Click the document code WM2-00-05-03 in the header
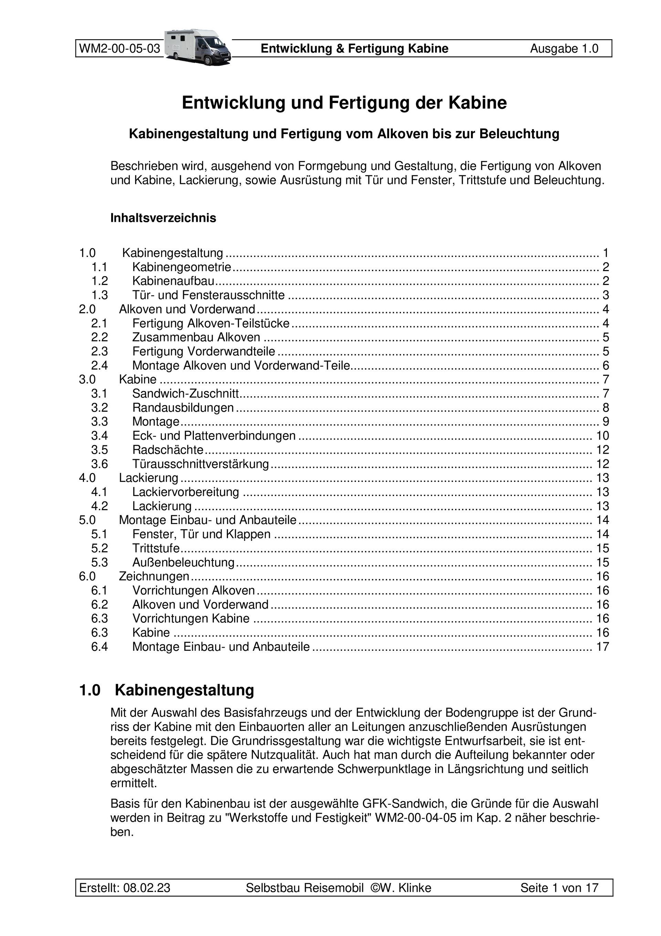119,49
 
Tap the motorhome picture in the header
198,47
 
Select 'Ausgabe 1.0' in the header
564,49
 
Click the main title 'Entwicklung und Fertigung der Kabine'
344,103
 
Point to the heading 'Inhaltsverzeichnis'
163,218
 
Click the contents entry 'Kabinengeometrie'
182,267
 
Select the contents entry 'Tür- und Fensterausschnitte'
208,295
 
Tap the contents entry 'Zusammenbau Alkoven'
196,337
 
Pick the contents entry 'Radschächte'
168,450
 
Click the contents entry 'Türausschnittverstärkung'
200,464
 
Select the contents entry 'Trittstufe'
156,548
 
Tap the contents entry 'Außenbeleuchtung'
183,563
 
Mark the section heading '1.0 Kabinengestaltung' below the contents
166,690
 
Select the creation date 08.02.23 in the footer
147,888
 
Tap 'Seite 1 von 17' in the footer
559,888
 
